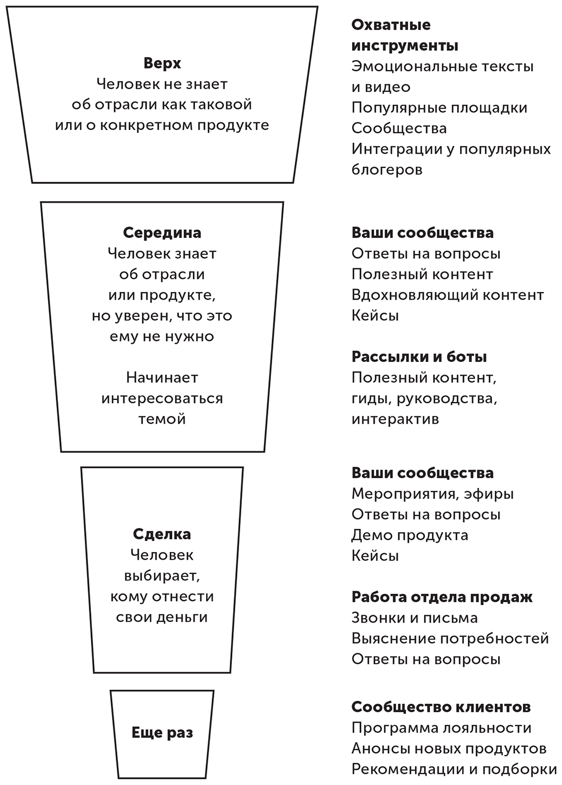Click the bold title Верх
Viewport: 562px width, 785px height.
pos(162,63)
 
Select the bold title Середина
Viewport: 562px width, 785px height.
pos(162,233)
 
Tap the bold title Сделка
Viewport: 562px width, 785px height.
pos(162,534)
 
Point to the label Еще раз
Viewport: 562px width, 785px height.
pos(162,733)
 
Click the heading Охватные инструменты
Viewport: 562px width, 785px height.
pos(404,35)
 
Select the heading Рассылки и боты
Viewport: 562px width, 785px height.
pos(419,357)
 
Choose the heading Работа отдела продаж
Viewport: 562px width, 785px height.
pos(442,597)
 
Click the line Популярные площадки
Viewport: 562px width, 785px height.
pos(439,108)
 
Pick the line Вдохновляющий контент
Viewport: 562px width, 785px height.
pos(448,295)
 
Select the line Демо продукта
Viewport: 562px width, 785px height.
pos(410,535)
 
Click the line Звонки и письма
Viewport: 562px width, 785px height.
pos(414,618)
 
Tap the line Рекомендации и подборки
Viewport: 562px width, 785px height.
pos(454,770)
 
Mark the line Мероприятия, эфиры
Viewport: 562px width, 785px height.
pos(433,494)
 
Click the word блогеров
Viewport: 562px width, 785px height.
pos(387,170)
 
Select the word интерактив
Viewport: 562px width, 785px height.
pos(395,419)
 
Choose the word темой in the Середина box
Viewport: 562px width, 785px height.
pos(162,419)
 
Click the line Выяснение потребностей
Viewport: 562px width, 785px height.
pos(450,639)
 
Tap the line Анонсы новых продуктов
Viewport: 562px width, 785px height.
pos(448,749)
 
